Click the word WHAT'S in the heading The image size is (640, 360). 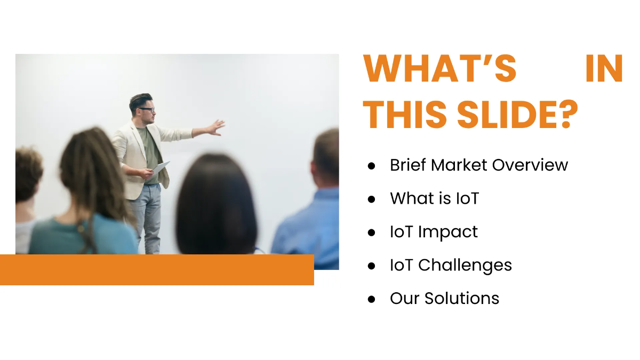tap(439, 68)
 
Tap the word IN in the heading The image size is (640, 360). tap(604, 68)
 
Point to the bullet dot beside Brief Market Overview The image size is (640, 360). tap(372, 166)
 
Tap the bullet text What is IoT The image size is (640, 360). tap(434, 198)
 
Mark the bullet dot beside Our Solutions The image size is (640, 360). tap(372, 299)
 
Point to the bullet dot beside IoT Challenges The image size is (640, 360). tap(372, 266)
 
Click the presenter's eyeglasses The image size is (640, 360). tap(147, 110)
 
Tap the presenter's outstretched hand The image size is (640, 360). tap(216, 127)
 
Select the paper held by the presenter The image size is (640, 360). tap(161, 167)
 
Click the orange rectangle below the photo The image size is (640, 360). tap(157, 270)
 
